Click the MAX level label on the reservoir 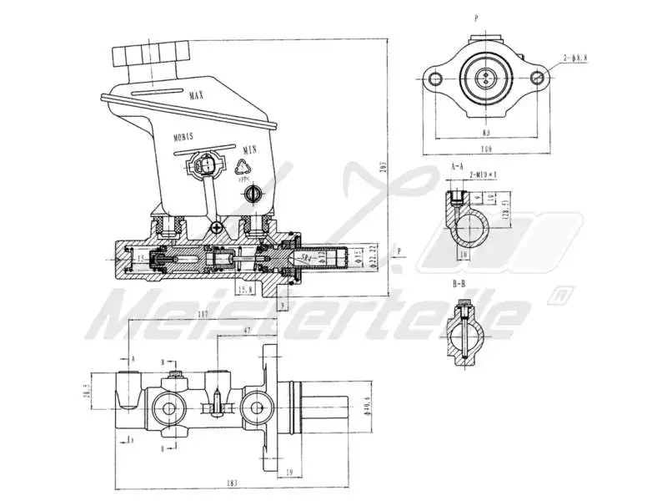click(x=197, y=96)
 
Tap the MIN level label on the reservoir click(x=248, y=149)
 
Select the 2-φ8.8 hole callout click(x=575, y=57)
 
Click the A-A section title click(x=457, y=167)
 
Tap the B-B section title click(x=459, y=284)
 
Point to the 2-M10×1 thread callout click(x=483, y=175)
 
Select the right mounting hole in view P click(x=538, y=78)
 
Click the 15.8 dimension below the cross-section click(x=245, y=289)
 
